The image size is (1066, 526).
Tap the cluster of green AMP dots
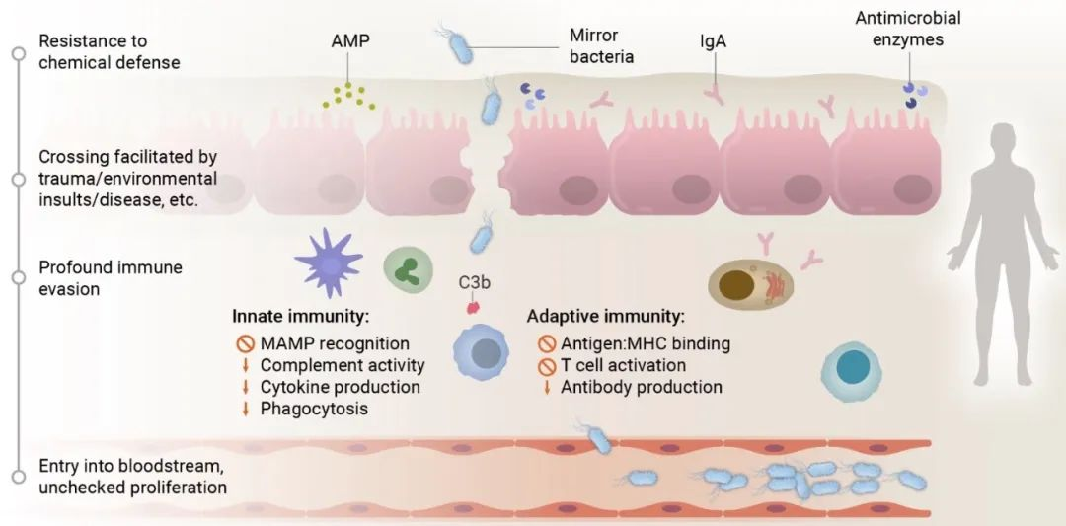click(x=346, y=95)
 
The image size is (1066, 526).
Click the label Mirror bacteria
click(x=601, y=46)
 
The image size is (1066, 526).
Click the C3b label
click(x=475, y=283)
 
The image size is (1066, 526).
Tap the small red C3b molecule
click(x=474, y=306)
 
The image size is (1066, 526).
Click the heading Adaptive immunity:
click(x=604, y=317)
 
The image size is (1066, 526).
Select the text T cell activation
click(x=623, y=365)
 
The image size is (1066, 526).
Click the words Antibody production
click(x=642, y=387)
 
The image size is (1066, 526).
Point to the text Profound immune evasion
click(x=111, y=278)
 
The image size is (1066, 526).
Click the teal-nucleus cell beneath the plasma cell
click(x=849, y=368)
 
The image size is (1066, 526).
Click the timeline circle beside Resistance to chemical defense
click(x=17, y=53)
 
